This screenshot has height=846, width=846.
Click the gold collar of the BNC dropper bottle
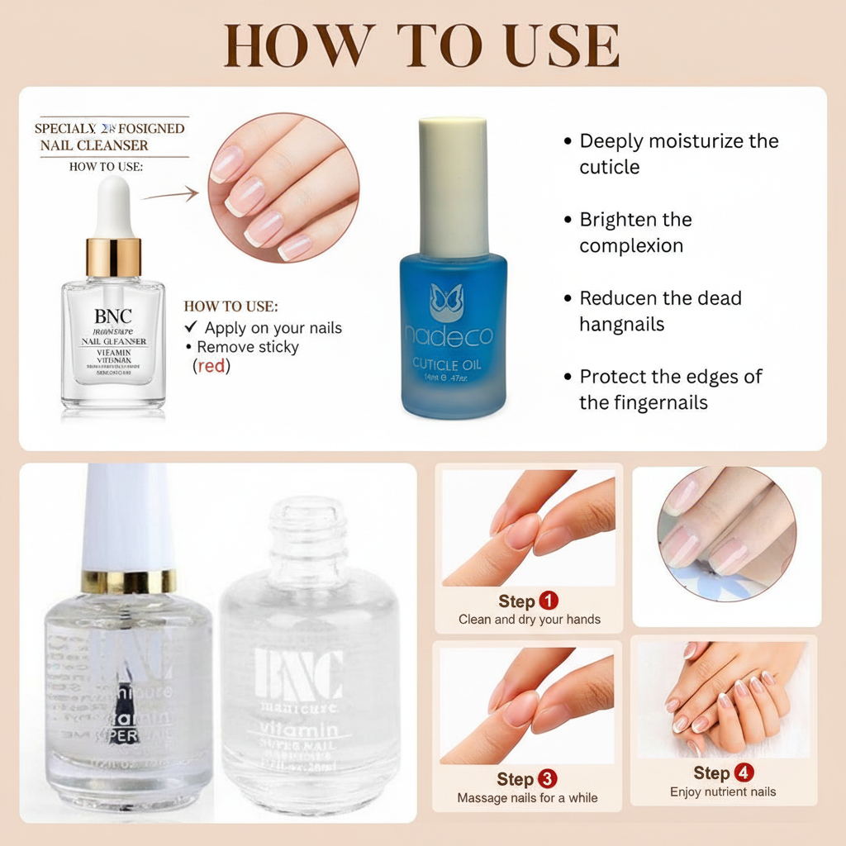point(113,256)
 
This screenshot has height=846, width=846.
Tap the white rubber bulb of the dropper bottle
point(113,207)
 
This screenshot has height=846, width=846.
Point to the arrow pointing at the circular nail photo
point(170,195)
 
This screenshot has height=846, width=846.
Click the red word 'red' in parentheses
point(211,365)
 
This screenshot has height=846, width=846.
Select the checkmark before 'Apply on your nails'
point(191,328)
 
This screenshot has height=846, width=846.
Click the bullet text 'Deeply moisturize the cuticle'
point(677,154)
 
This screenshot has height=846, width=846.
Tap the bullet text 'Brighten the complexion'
point(634,232)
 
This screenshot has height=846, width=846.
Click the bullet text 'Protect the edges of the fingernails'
point(669,389)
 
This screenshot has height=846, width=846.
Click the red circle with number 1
point(548,601)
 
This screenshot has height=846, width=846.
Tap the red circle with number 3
point(547,779)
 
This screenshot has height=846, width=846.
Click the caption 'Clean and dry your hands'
point(530,620)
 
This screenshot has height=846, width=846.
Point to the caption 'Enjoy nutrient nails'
point(723,791)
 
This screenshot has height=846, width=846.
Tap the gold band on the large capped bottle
point(128,581)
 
